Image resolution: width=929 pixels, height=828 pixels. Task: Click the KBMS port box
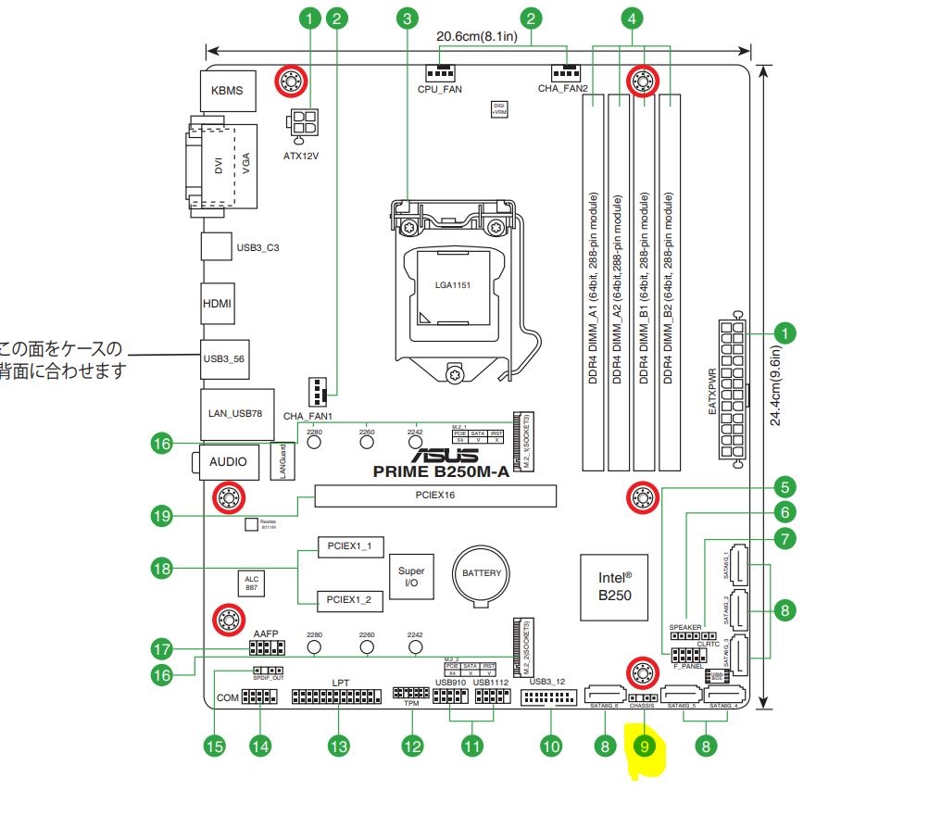[226, 92]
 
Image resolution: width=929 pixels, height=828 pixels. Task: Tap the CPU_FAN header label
[440, 90]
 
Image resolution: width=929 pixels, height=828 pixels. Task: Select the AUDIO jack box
[228, 460]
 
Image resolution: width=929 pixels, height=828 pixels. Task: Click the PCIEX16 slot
[435, 496]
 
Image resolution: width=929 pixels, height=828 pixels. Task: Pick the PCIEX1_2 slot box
[349, 600]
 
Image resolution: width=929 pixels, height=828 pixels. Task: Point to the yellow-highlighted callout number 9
[646, 745]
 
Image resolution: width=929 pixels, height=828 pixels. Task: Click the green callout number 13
[339, 746]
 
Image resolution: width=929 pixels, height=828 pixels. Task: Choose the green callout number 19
[163, 517]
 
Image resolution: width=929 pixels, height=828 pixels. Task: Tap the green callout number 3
[407, 17]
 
